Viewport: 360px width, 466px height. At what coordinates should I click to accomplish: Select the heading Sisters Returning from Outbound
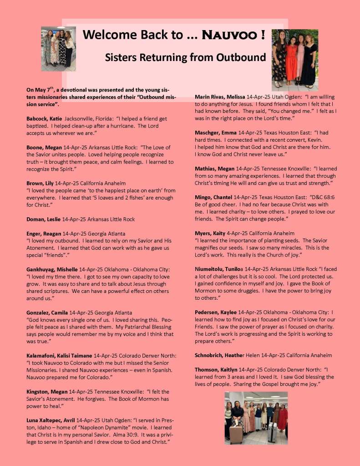[185, 57]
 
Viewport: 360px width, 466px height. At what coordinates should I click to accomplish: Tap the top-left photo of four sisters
[58, 48]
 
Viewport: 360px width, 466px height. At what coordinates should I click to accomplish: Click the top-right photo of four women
[294, 60]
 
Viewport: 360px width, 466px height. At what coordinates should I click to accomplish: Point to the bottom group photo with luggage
[256, 418]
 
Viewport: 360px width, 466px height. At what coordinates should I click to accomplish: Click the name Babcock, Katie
[45, 118]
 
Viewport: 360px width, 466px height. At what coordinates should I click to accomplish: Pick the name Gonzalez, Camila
[47, 312]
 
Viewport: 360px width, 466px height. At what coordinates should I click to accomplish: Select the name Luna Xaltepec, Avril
[51, 420]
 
